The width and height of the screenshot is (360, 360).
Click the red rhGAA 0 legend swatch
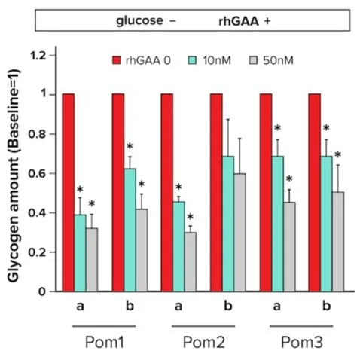pos(117,59)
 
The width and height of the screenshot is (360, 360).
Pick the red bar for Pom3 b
pos(314,192)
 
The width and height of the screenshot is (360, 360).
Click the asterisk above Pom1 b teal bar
pos(129,148)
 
